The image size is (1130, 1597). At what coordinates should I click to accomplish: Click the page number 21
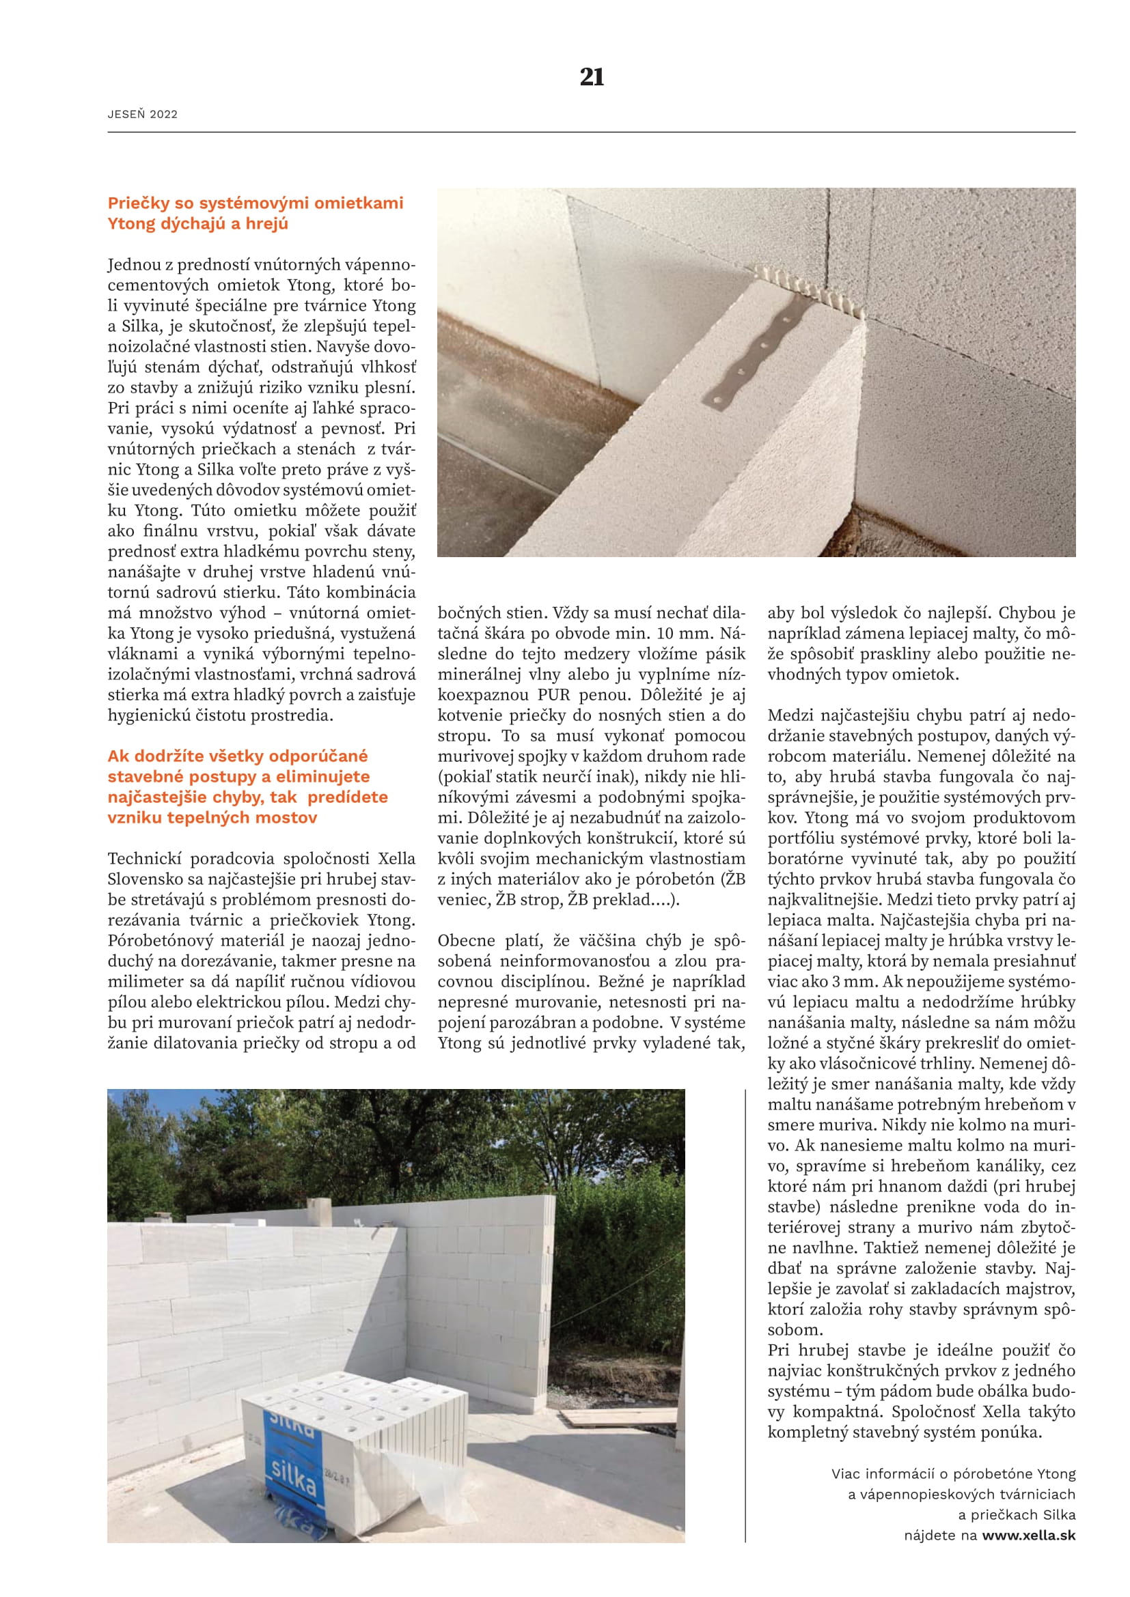coord(592,76)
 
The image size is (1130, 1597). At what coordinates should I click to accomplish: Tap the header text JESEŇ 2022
coord(143,115)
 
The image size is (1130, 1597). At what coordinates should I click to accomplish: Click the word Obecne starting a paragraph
coord(466,941)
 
